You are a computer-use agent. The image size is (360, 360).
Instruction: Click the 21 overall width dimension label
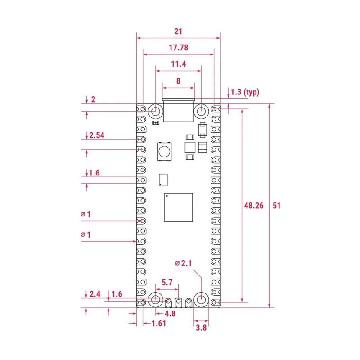point(178,31)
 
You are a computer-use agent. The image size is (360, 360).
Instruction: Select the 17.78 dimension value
point(178,48)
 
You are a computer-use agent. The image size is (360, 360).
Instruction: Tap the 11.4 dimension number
point(178,64)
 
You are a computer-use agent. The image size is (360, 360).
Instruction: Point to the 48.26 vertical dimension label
point(254,206)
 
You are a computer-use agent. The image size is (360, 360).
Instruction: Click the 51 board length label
point(276,206)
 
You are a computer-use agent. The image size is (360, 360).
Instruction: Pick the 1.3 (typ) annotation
point(245,92)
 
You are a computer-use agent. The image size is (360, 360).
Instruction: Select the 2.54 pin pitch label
point(97,135)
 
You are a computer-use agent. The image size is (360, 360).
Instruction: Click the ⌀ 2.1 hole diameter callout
point(184,263)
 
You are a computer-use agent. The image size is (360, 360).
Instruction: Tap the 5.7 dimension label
point(167,282)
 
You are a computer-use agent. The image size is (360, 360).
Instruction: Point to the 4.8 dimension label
point(170,313)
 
